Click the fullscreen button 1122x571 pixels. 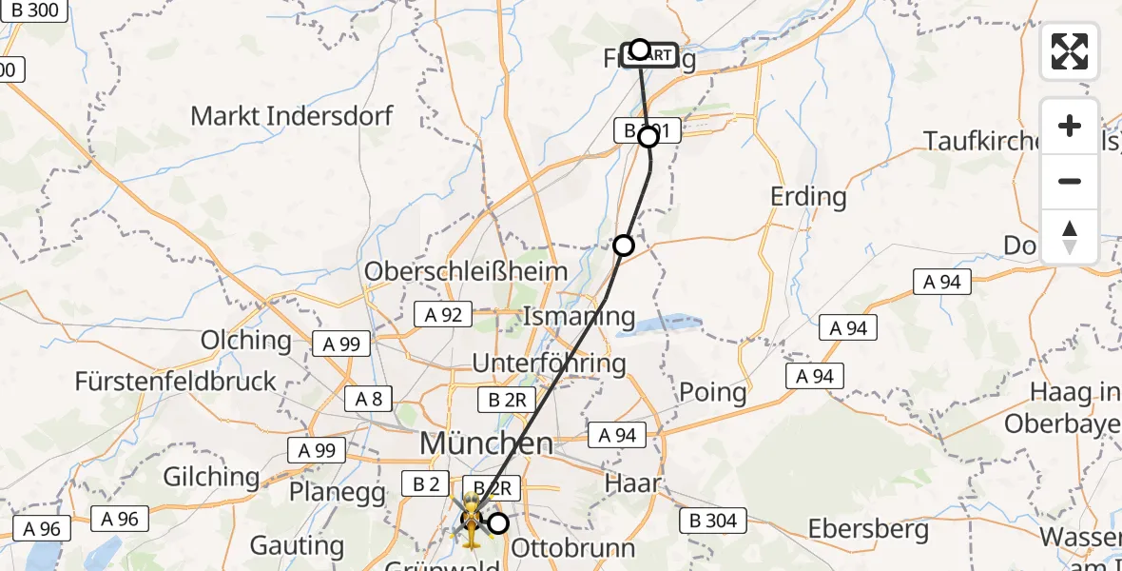click(1070, 51)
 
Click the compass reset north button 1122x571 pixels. click(1070, 237)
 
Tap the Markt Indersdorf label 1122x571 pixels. click(291, 116)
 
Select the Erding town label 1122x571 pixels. click(809, 197)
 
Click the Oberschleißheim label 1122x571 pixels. click(466, 271)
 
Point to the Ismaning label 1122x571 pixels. click(579, 316)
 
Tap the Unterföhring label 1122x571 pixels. click(550, 363)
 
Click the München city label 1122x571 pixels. click(486, 443)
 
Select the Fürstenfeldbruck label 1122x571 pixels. click(176, 382)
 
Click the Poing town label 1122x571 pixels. click(712, 392)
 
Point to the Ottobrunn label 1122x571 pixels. click(572, 548)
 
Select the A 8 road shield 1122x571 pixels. click(369, 399)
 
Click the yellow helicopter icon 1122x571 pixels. click(471, 521)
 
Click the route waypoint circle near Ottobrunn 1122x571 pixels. click(498, 522)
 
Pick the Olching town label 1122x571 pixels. click(246, 340)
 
